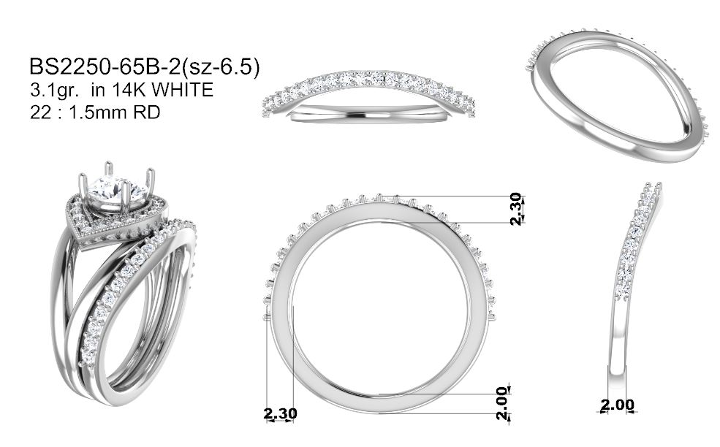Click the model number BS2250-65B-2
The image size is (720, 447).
tap(105, 67)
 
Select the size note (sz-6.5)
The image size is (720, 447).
tap(221, 67)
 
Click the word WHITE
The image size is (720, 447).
tap(182, 90)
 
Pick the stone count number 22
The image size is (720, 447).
tap(41, 112)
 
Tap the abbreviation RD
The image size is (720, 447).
tap(147, 112)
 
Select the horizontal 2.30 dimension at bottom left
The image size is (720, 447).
tap(280, 413)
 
